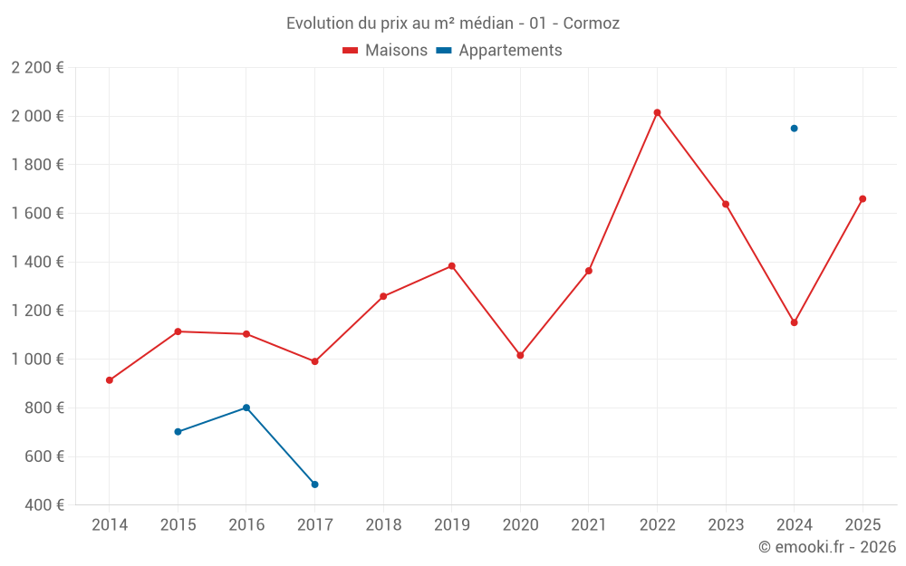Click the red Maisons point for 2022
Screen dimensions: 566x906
657,112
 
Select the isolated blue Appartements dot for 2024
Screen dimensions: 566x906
794,129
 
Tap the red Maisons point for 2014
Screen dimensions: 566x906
110,380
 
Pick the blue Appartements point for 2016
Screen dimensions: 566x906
246,408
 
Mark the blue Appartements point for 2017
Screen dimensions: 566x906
314,484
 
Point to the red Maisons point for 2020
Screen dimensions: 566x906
520,355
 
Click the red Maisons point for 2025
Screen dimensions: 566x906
863,198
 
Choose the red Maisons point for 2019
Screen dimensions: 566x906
451,266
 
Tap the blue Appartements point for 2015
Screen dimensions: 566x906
178,432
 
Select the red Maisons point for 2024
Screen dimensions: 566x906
794,322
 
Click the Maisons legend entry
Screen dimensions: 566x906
385,51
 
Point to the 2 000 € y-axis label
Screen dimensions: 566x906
37,116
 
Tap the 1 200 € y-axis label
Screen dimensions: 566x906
37,311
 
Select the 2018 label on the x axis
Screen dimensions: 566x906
383,524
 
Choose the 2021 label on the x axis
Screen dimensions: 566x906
588,524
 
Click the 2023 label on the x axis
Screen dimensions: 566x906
726,524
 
